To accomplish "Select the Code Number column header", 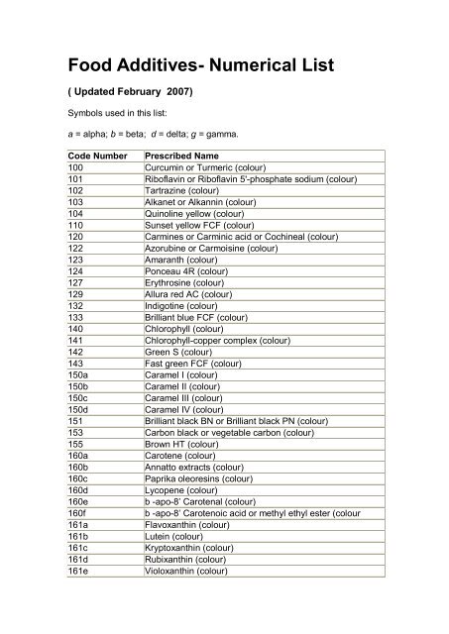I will pos(98,157).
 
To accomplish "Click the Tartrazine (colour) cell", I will pos(187,189).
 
